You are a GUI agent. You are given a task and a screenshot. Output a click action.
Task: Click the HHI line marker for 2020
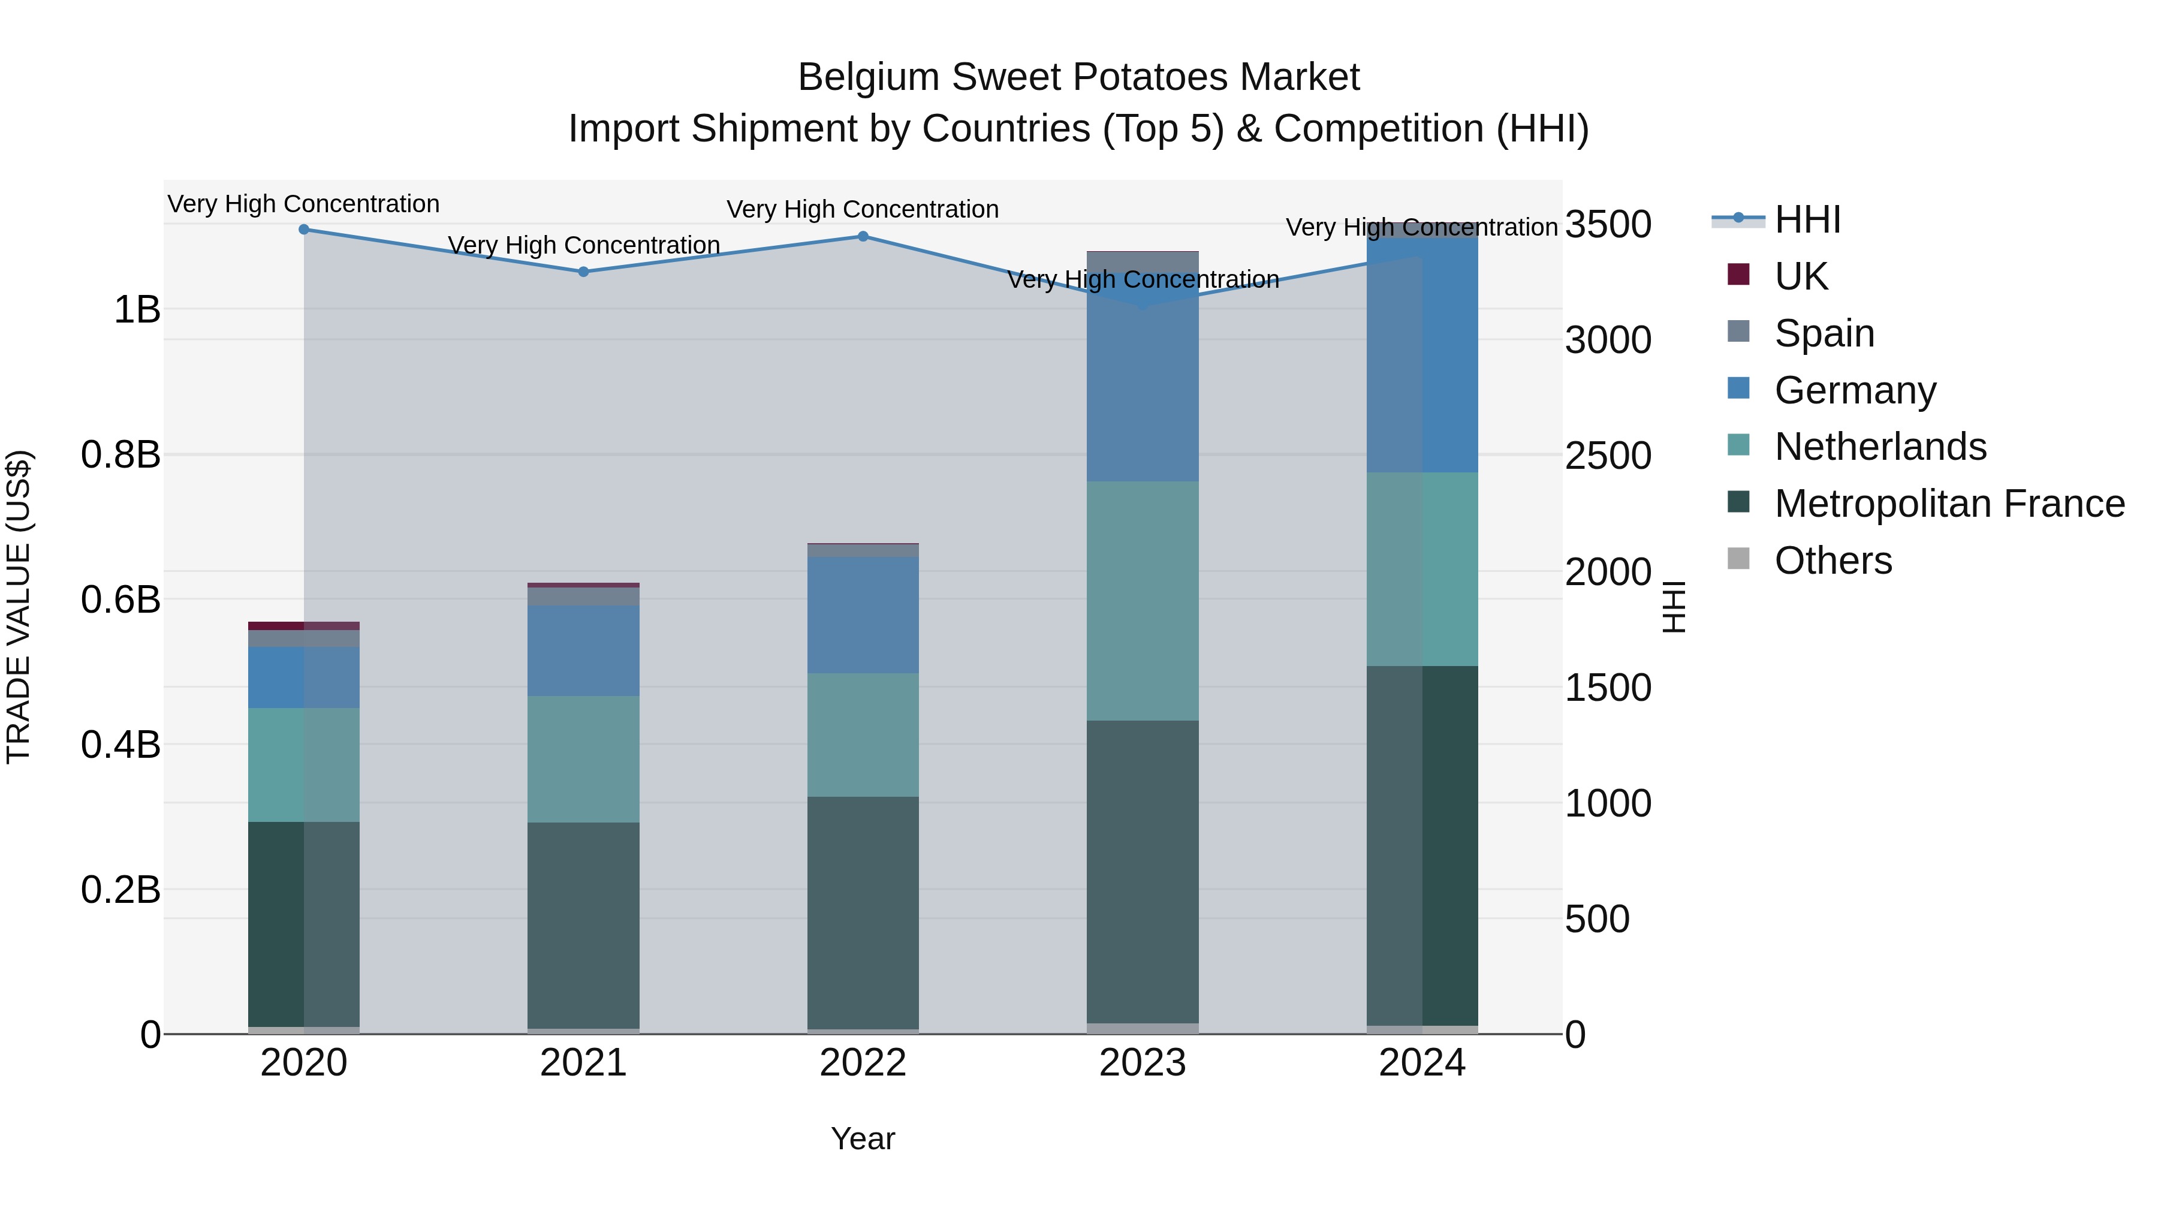(304, 229)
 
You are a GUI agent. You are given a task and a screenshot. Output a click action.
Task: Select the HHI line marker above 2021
(584, 272)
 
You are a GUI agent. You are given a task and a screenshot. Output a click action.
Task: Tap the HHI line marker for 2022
(863, 236)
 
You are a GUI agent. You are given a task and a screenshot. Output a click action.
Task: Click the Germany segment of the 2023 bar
(1143, 377)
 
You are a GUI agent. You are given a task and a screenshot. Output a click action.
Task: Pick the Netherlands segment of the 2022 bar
(863, 735)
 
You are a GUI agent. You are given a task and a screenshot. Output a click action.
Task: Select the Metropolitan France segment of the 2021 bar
(584, 925)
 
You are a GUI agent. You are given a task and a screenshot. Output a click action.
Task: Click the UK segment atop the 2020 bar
(303, 626)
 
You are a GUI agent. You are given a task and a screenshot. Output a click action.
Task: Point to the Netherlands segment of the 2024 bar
(1422, 569)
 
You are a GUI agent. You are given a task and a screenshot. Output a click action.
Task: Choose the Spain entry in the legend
(1823, 333)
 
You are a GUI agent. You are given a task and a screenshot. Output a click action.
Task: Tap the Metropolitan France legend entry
(1949, 504)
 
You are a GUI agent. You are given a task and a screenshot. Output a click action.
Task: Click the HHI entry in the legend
(1806, 219)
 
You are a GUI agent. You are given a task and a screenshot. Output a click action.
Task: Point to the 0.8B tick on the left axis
(120, 455)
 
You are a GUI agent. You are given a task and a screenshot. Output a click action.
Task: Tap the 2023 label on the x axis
(1143, 1063)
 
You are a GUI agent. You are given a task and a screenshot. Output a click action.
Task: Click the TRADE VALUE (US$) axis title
(19, 607)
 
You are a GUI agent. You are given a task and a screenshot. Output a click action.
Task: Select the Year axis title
(863, 1138)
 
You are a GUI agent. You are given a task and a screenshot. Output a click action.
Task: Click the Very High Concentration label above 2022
(862, 209)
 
